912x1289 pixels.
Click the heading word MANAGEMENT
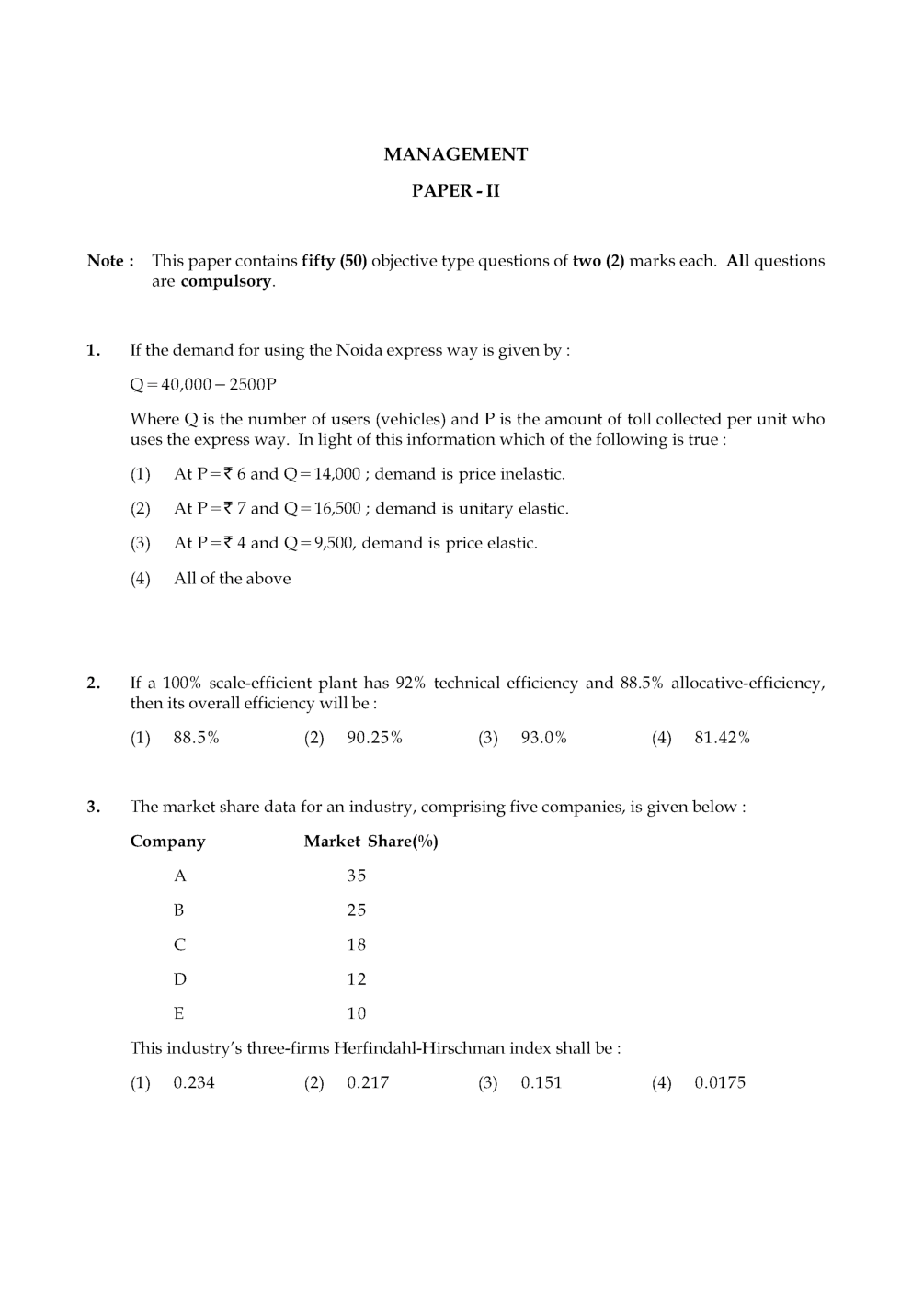[455, 154]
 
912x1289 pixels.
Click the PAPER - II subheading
[455, 191]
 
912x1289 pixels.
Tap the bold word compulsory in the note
[226, 281]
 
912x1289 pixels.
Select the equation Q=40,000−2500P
[203, 384]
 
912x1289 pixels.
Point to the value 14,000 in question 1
[337, 474]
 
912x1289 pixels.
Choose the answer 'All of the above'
[232, 579]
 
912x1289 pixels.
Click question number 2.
[93, 683]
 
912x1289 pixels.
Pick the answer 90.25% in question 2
[374, 738]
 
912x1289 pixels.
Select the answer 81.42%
[722, 738]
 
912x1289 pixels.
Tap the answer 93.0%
[543, 738]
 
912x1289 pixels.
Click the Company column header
[167, 842]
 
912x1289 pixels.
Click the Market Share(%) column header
[370, 842]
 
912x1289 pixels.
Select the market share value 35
[357, 876]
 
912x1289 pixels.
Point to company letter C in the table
[179, 944]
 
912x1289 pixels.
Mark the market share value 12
[357, 979]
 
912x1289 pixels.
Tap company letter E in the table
[178, 1013]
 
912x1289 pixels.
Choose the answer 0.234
[194, 1082]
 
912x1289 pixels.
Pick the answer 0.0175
[720, 1082]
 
